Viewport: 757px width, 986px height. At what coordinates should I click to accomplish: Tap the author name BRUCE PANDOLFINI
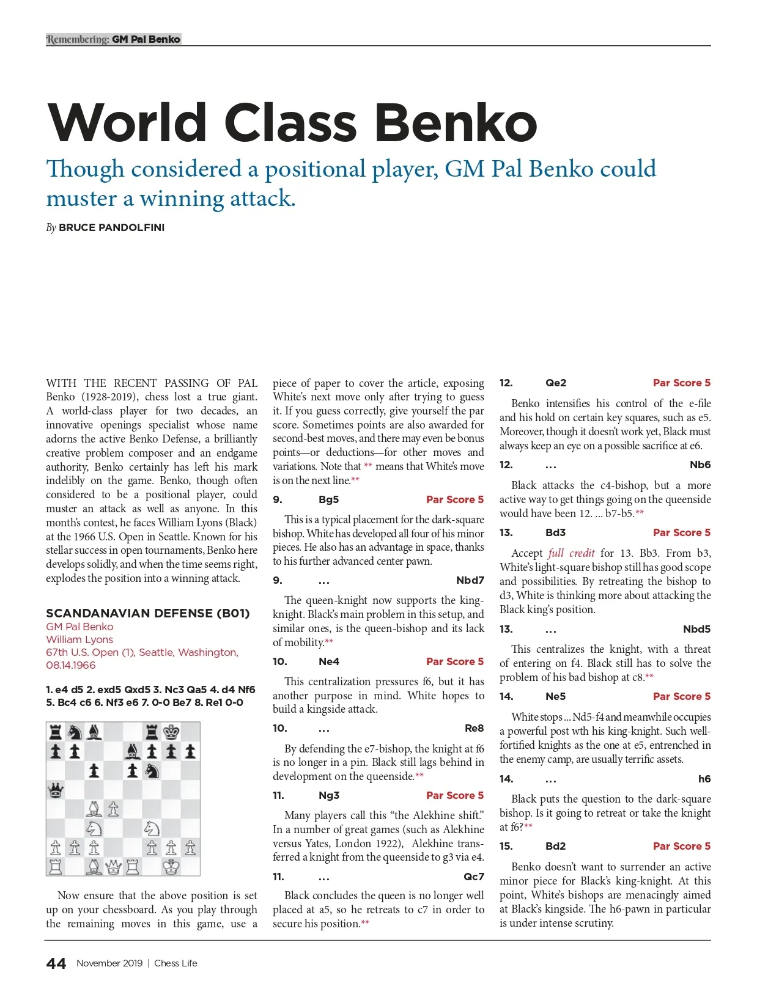(x=111, y=227)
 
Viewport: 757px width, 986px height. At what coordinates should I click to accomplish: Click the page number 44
(x=56, y=963)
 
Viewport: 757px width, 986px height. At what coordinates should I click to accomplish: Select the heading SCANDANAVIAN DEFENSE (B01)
(x=147, y=613)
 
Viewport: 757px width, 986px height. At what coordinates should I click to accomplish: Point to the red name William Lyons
(x=79, y=639)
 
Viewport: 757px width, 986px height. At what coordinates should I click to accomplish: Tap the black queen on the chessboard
(x=56, y=790)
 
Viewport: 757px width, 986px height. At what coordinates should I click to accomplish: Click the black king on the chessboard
(x=171, y=732)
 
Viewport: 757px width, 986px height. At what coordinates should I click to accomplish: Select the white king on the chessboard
(x=171, y=867)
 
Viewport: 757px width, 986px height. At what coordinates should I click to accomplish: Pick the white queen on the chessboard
(x=114, y=867)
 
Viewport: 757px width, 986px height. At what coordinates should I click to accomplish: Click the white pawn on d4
(x=114, y=809)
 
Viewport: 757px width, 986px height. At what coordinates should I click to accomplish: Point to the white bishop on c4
(x=94, y=809)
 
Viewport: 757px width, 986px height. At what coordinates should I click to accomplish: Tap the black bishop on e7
(x=133, y=751)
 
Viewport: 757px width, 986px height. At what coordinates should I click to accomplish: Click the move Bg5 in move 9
(x=328, y=499)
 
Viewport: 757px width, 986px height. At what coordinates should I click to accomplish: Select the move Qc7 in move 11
(x=473, y=877)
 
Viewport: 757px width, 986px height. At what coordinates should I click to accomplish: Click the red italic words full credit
(x=571, y=553)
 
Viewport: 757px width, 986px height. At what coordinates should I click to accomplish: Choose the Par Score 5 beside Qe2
(x=681, y=383)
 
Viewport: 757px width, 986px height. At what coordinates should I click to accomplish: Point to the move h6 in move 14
(x=704, y=779)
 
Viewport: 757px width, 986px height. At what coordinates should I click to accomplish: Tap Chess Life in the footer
(x=175, y=963)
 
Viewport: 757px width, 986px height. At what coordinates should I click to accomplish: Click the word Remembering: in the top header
(x=78, y=39)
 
